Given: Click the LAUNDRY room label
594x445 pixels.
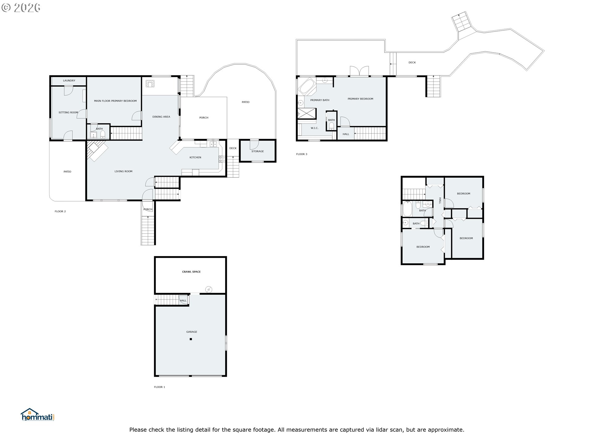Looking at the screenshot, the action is pyautogui.click(x=69, y=81).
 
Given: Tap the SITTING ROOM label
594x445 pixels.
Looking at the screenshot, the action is pyautogui.click(x=68, y=112).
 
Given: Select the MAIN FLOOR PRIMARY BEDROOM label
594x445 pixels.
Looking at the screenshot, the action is pyautogui.click(x=115, y=101).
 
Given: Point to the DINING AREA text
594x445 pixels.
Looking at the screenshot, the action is pyautogui.click(x=161, y=117).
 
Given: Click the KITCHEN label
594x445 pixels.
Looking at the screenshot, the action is pyautogui.click(x=195, y=158).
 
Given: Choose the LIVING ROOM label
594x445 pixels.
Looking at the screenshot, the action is pyautogui.click(x=123, y=172).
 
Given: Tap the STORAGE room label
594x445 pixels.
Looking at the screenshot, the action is pyautogui.click(x=258, y=151).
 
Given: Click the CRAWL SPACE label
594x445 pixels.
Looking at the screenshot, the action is pyautogui.click(x=192, y=272).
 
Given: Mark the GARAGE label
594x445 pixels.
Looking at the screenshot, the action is pyautogui.click(x=192, y=332).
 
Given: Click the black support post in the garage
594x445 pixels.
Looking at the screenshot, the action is pyautogui.click(x=191, y=339).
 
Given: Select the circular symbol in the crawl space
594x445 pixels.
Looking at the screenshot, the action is pyautogui.click(x=209, y=290).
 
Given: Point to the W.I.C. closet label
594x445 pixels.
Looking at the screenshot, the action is pyautogui.click(x=315, y=128).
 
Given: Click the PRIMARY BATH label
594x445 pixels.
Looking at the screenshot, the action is pyautogui.click(x=320, y=100).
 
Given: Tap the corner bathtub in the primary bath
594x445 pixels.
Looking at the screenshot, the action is pyautogui.click(x=306, y=86).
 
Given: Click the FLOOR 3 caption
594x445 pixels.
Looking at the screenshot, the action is pyautogui.click(x=302, y=154).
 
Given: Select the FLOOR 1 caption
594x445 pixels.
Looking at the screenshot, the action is pyautogui.click(x=160, y=387).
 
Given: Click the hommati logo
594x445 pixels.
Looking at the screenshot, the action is pyautogui.click(x=38, y=415).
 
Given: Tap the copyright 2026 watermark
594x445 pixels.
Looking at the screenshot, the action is pyautogui.click(x=21, y=8).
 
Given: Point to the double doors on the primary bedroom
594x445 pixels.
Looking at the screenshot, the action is pyautogui.click(x=359, y=71).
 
